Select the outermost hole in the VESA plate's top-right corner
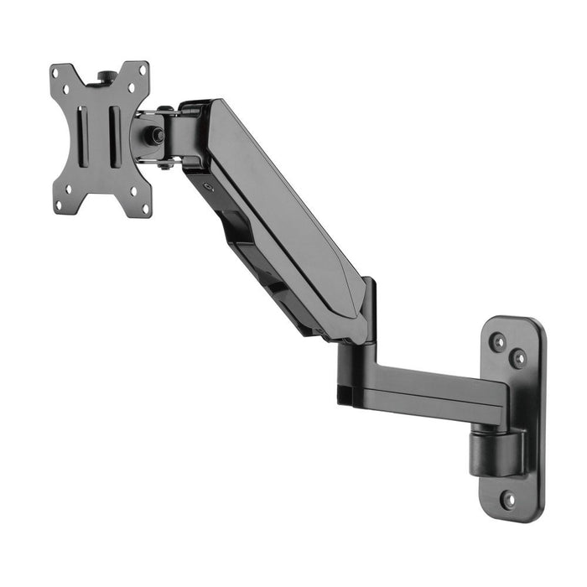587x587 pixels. point(142,70)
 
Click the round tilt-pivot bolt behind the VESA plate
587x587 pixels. point(155,135)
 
